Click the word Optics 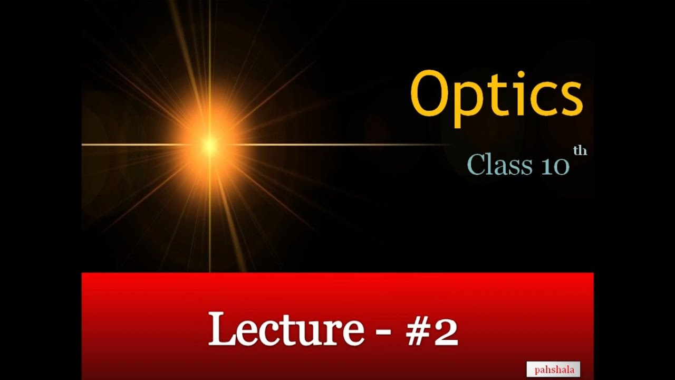click(496, 95)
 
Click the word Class click(499, 165)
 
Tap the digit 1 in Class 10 click(546, 166)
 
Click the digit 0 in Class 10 click(561, 166)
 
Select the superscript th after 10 click(580, 151)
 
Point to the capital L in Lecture click(222, 328)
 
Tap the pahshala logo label click(554, 369)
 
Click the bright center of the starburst click(210, 144)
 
